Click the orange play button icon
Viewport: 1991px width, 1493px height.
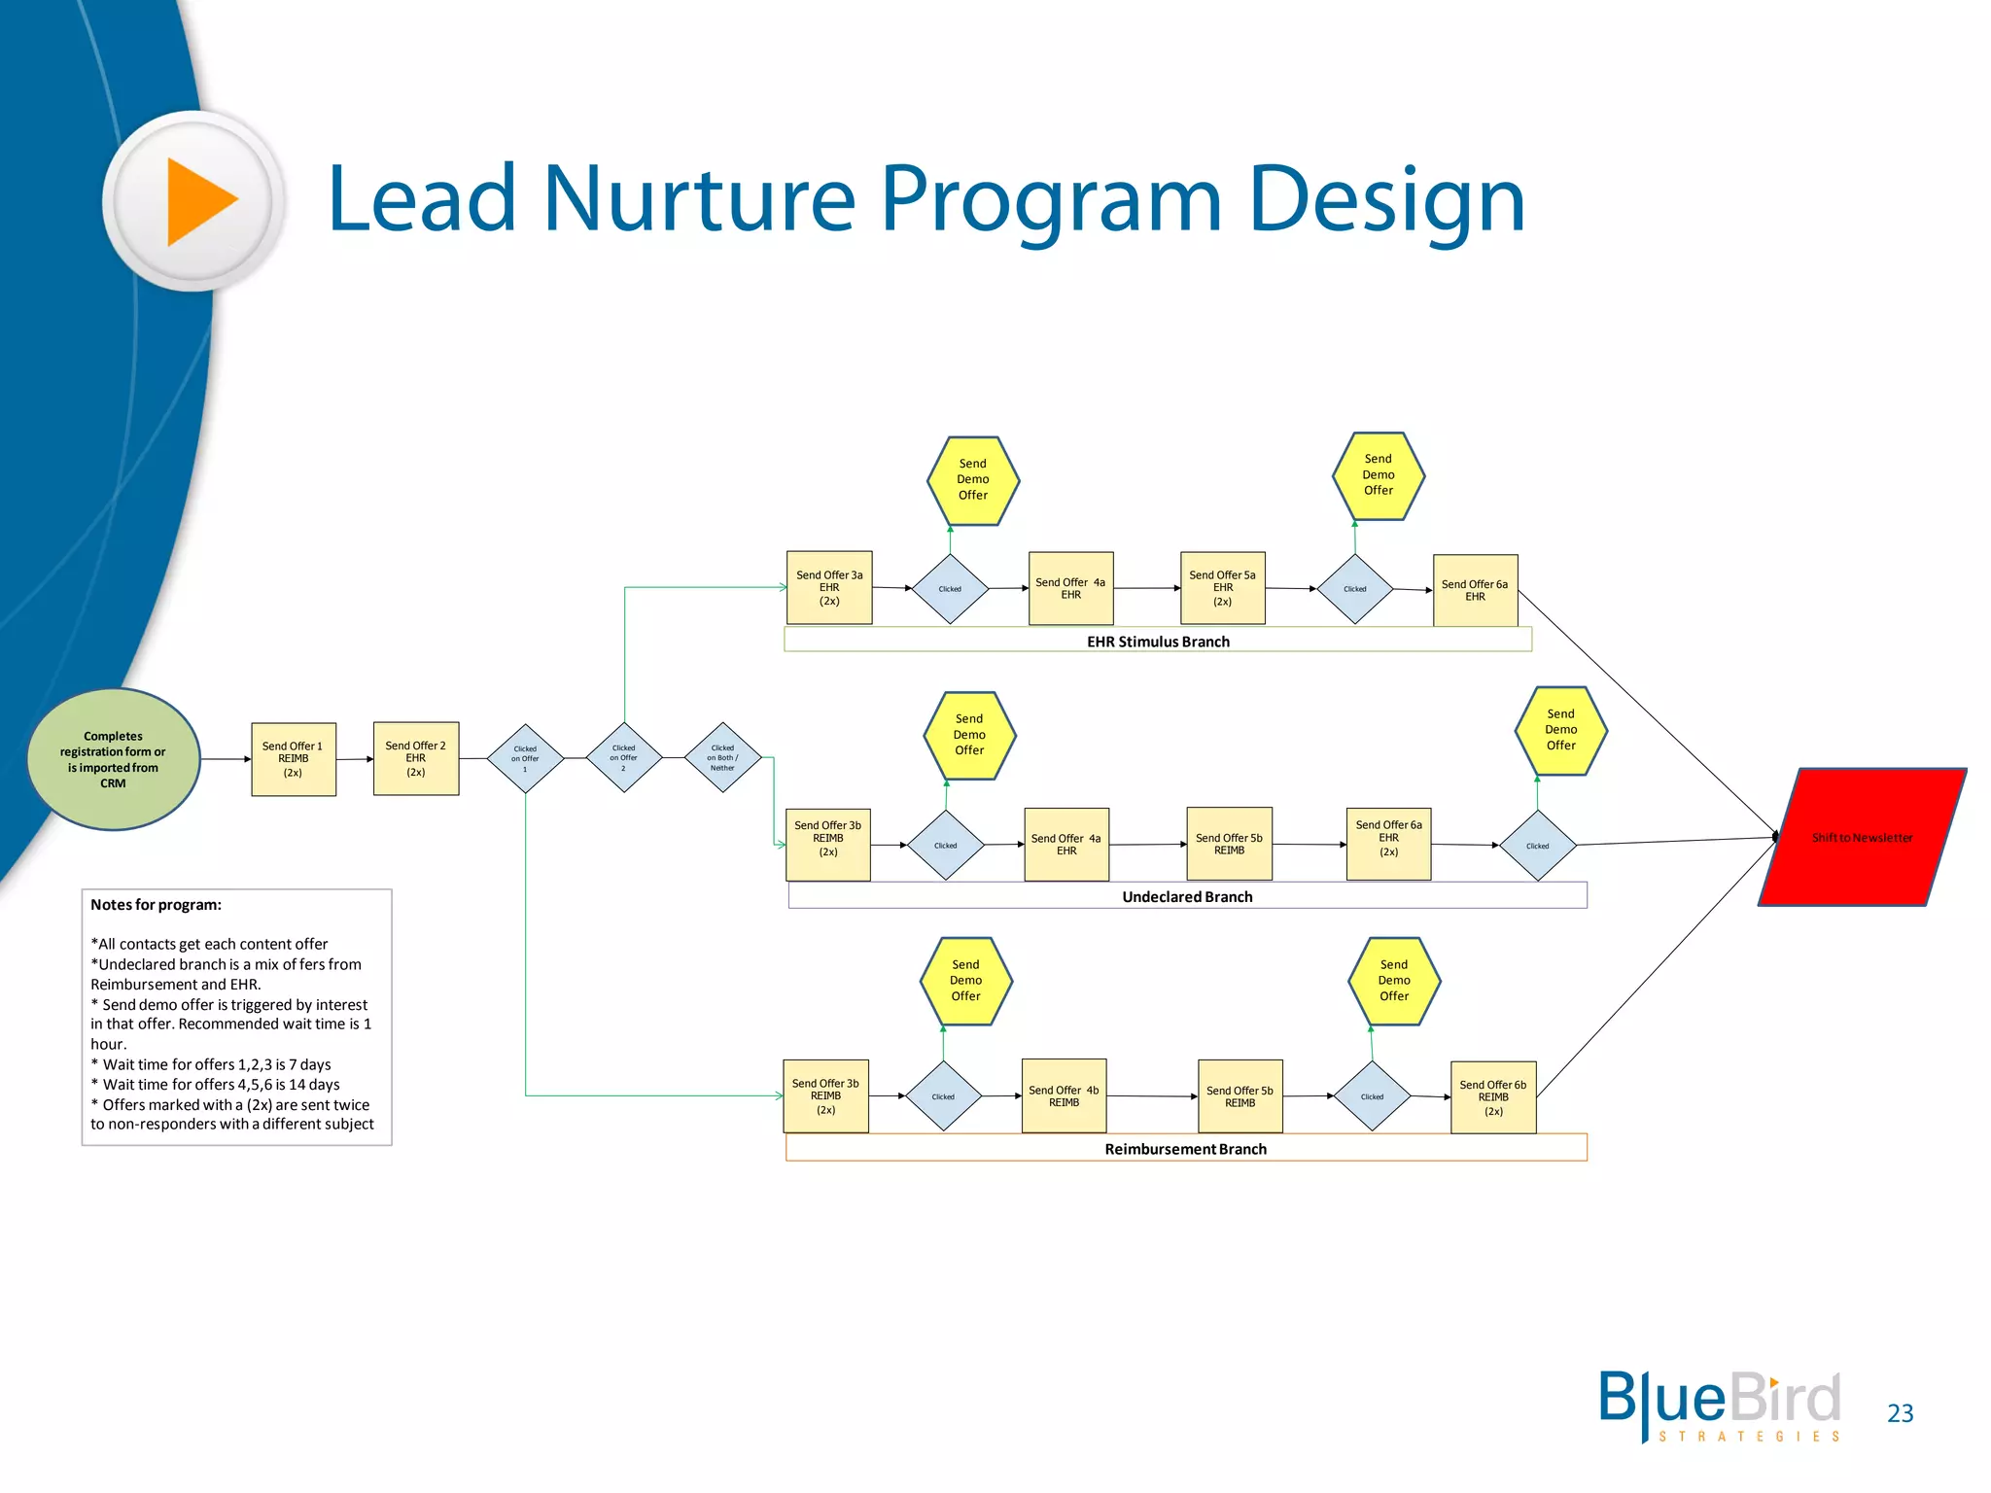(x=199, y=201)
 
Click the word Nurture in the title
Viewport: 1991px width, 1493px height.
(x=699, y=199)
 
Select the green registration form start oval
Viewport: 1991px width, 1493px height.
(x=114, y=759)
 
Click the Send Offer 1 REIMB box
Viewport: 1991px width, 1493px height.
(x=294, y=759)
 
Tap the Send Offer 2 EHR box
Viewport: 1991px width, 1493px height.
(x=416, y=758)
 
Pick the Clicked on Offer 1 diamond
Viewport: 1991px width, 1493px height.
(x=525, y=758)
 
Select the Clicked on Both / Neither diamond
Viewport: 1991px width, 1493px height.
(x=722, y=757)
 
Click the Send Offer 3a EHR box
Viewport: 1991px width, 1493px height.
(x=829, y=588)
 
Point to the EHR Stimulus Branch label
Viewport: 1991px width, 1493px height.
(x=1158, y=642)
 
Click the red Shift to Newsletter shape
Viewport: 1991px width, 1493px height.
(x=1862, y=838)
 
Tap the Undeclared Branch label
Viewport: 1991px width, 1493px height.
(x=1187, y=896)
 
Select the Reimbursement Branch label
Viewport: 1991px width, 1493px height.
(x=1185, y=1149)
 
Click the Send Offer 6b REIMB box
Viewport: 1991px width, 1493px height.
(x=1493, y=1097)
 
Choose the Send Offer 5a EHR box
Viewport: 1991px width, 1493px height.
(x=1222, y=588)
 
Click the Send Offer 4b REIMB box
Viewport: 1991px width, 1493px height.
(x=1064, y=1096)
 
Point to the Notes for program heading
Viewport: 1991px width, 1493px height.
(x=156, y=905)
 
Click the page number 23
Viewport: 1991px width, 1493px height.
(x=1900, y=1413)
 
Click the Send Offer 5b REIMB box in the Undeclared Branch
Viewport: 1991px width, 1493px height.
(x=1229, y=844)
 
